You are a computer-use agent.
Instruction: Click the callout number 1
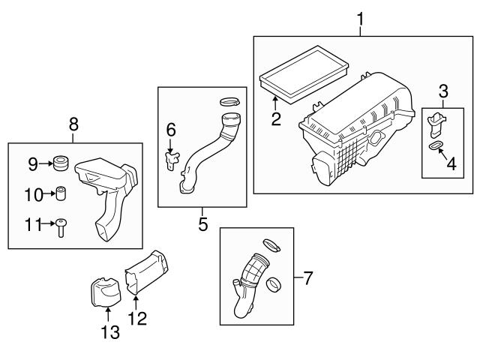point(361,14)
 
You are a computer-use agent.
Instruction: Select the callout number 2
point(276,119)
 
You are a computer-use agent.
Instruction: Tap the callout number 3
point(444,91)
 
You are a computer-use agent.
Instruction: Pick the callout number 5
point(203,223)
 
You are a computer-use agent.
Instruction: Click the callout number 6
point(172,130)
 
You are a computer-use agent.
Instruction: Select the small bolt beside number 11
point(62,226)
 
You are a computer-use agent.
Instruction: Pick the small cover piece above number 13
point(104,289)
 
